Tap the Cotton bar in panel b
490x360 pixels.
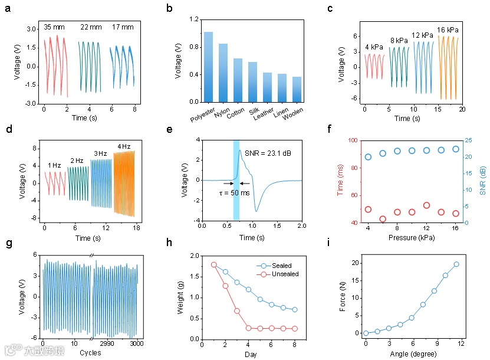point(238,80)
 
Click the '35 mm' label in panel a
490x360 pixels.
point(55,27)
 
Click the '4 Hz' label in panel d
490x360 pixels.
point(124,146)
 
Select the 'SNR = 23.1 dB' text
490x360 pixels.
point(268,153)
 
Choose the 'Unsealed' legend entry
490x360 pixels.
point(285,274)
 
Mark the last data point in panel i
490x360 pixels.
point(456,264)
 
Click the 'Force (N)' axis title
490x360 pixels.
point(343,297)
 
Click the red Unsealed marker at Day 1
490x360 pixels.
point(214,265)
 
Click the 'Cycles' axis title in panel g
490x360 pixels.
point(90,353)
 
